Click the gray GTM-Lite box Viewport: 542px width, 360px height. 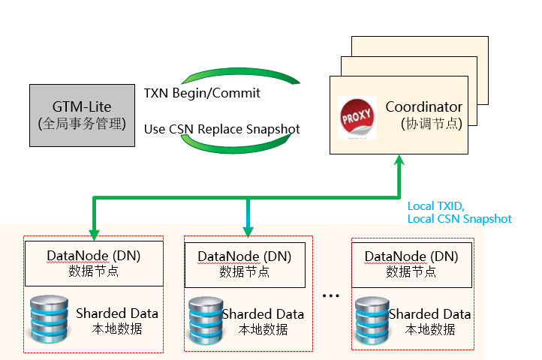pos(83,115)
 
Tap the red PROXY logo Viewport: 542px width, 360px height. pos(357,118)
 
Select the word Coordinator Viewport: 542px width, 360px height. pos(424,106)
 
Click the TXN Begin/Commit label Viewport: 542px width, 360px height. pos(202,93)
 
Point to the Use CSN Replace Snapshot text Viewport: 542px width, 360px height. pos(222,129)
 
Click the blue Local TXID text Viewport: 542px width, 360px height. pos(436,206)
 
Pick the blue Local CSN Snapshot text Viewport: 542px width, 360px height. pos(459,219)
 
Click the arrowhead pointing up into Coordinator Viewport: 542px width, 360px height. pos(399,160)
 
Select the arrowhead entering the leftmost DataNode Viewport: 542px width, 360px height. pos(94,235)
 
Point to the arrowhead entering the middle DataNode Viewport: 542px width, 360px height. pos(248,232)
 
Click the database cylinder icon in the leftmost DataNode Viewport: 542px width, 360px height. pos(49,319)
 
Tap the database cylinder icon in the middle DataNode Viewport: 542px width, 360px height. pos(206,321)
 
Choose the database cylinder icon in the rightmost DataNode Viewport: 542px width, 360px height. pos(372,321)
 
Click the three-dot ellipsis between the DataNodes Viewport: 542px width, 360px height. pos(331,295)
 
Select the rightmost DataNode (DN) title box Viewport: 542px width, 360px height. pos(411,265)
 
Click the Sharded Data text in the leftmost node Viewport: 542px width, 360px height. pos(117,313)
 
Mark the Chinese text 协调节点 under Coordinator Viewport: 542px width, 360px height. pos(432,124)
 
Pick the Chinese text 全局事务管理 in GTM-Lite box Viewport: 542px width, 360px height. pos(82,123)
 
